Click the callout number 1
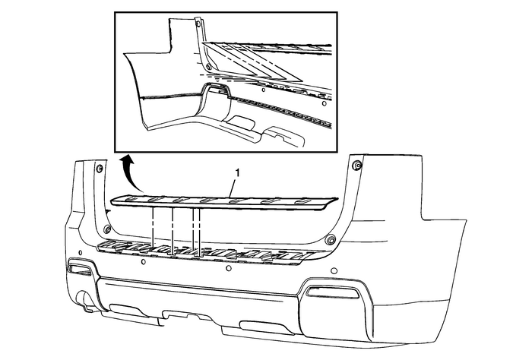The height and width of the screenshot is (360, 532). (x=237, y=173)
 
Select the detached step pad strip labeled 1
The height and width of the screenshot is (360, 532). (x=225, y=202)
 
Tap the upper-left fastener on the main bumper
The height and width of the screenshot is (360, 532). (x=100, y=169)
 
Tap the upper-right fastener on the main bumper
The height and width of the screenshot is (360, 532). (x=357, y=165)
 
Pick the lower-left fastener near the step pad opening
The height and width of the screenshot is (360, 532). (x=107, y=229)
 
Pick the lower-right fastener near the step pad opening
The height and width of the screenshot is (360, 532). (x=329, y=240)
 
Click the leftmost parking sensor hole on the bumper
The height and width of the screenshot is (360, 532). (x=80, y=253)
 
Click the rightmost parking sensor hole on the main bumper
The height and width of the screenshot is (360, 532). (x=334, y=271)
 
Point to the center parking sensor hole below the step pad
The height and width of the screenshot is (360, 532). (x=229, y=269)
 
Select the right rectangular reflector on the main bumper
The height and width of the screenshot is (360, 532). (x=332, y=292)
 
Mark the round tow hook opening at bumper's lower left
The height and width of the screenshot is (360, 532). (x=82, y=299)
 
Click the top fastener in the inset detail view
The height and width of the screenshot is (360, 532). (x=198, y=24)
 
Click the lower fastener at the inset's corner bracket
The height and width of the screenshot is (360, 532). (x=208, y=67)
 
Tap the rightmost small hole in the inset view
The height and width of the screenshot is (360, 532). (x=324, y=103)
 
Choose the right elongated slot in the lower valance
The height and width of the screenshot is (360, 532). (x=260, y=325)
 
